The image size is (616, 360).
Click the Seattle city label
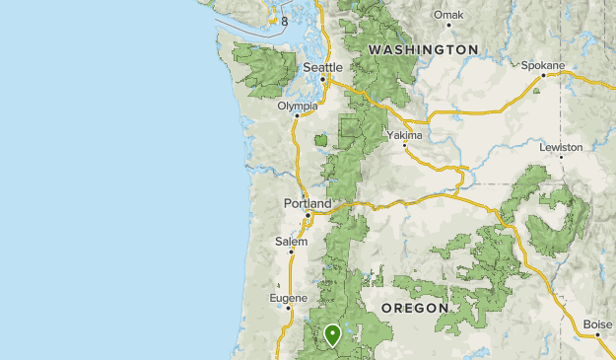pos(322,67)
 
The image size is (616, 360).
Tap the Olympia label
pos(298,106)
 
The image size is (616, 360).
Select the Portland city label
pos(302,203)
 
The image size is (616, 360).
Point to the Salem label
pos(292,242)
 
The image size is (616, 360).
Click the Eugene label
pos(289,298)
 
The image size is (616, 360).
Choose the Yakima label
pos(404,135)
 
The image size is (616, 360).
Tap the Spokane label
pos(543,66)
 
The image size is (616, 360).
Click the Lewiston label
pos(561,147)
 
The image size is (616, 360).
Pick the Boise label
pos(596,324)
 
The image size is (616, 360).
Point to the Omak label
pos(448,15)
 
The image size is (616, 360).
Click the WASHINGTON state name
pos(423,48)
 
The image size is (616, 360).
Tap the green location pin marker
pos(333,336)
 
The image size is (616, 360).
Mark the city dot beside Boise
pos(599,335)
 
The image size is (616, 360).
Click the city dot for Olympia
pos(297,115)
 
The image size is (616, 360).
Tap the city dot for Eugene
pos(288,308)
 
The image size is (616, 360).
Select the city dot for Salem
pos(291,252)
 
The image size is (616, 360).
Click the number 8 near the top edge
pos(284,21)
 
